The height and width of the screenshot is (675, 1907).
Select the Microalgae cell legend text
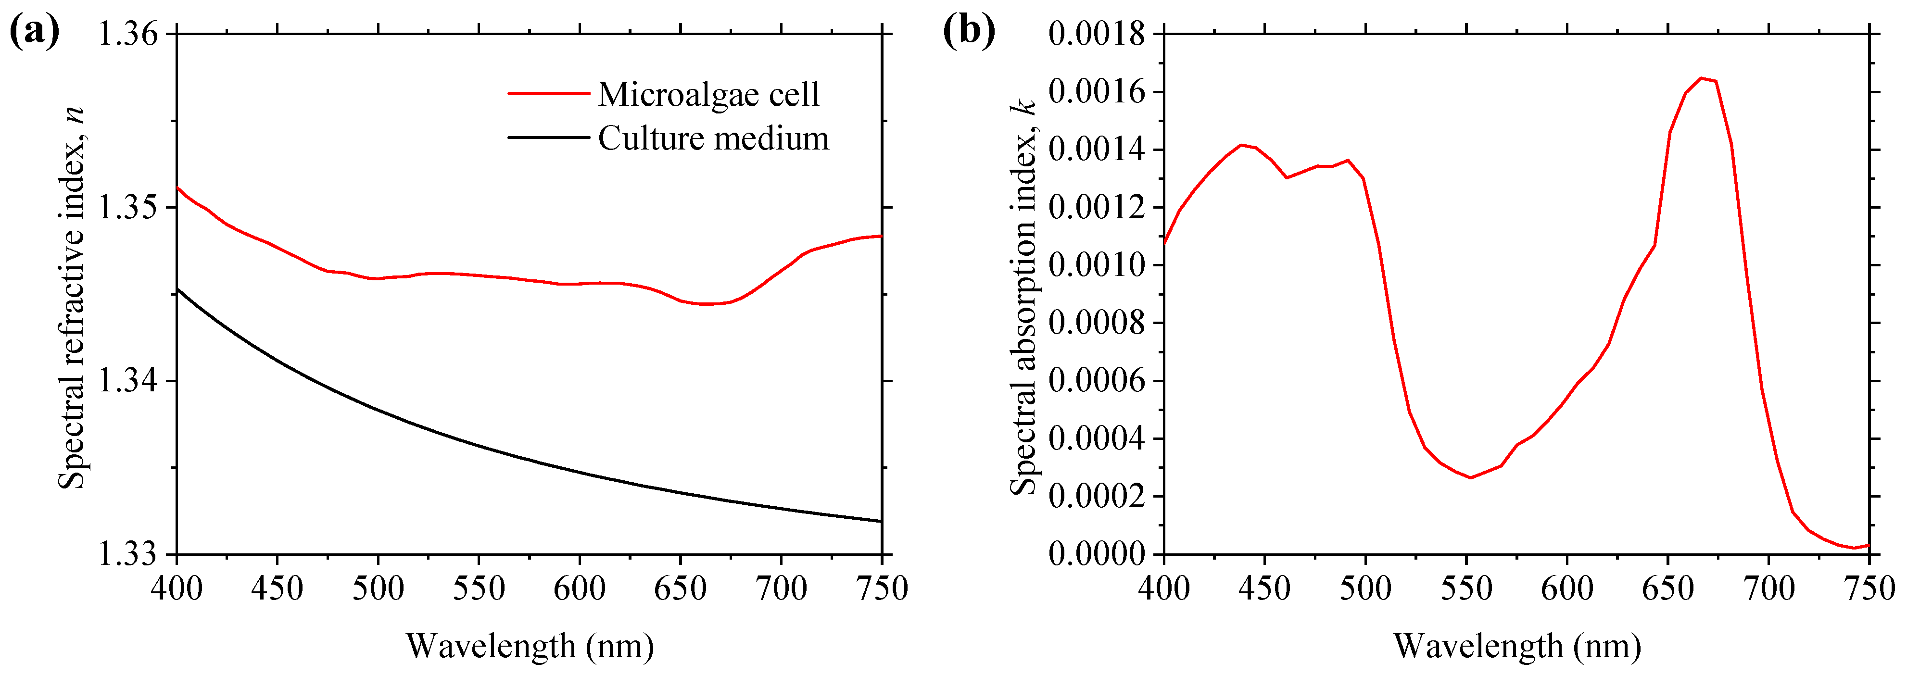coord(708,94)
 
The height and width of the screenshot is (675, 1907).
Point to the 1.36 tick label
coord(129,34)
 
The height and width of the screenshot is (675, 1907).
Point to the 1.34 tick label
coord(129,381)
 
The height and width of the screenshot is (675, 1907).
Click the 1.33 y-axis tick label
coord(129,554)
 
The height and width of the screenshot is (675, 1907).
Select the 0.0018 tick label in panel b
coord(1097,34)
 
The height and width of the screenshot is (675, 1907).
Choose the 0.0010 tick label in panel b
coord(1097,265)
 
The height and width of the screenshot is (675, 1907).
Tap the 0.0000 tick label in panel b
coord(1097,554)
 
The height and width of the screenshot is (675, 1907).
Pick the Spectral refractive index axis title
coord(72,296)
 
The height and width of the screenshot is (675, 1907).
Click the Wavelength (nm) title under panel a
coord(530,646)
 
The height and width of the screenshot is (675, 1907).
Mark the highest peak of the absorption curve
coord(1701,78)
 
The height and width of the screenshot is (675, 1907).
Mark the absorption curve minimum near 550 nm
coord(1470,477)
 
